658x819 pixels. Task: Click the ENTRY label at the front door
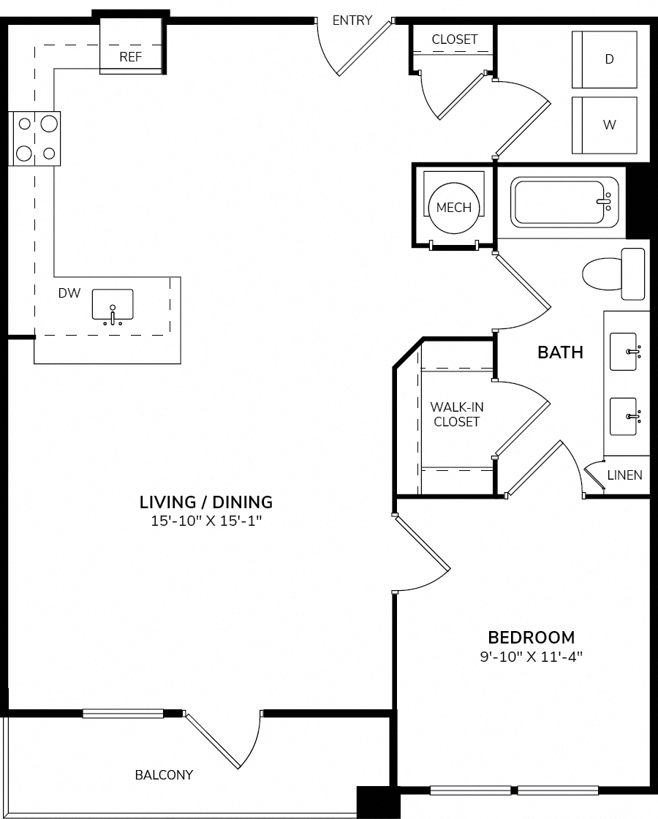tap(352, 20)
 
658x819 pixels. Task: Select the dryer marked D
tap(604, 59)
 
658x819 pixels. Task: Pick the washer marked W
tap(604, 125)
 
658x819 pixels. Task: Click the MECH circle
tap(454, 208)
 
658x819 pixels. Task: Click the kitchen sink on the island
tap(113, 306)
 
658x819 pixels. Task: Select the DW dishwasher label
tap(69, 293)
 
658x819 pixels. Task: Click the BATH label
tap(560, 352)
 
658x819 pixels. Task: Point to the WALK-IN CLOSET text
tap(457, 414)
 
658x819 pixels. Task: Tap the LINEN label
tap(624, 475)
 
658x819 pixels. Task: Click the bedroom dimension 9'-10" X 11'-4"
tap(531, 657)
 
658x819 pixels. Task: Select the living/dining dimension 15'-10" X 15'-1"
tap(206, 521)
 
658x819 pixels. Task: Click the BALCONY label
tap(164, 775)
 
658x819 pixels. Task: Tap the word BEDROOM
tap(531, 637)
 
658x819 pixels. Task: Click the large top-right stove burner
tap(48, 124)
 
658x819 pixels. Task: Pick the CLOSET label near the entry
tap(454, 39)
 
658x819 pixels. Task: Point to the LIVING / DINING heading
tap(206, 502)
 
